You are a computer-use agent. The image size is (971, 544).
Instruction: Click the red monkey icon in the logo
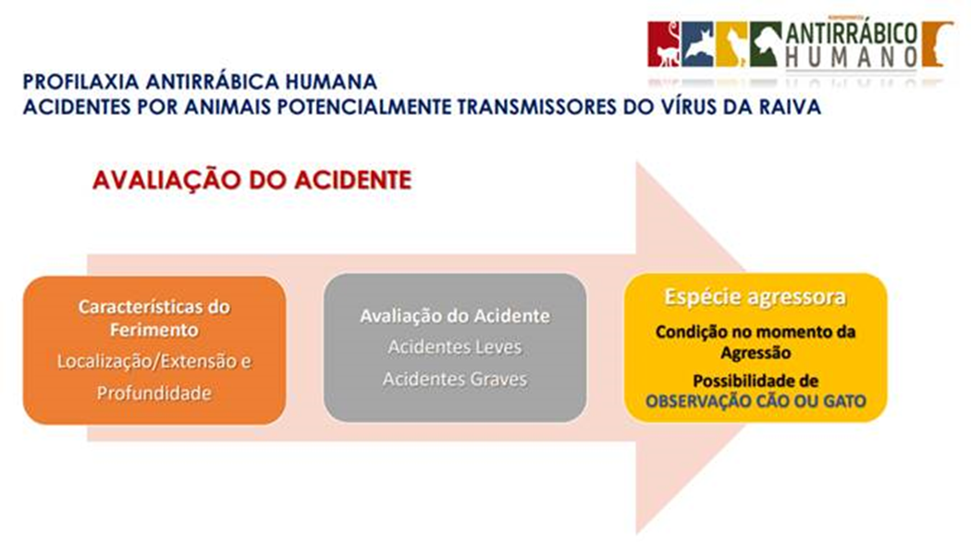click(x=663, y=44)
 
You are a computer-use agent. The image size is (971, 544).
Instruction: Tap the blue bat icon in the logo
click(x=697, y=44)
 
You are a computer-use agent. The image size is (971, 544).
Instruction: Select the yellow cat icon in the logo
click(x=731, y=44)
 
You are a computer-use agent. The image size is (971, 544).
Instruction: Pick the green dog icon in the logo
click(x=766, y=44)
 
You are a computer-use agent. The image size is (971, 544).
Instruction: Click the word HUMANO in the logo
click(x=852, y=57)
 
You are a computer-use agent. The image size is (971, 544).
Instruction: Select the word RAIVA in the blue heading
click(x=790, y=106)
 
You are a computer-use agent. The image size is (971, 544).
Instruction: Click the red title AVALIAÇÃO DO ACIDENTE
click(x=252, y=179)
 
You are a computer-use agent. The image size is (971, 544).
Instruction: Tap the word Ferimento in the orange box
click(x=154, y=329)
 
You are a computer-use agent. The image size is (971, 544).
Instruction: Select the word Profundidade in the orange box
click(x=154, y=393)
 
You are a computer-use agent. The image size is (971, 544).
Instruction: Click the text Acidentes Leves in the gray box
click(x=455, y=347)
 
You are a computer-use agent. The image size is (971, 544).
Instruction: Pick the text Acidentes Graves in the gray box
click(x=455, y=378)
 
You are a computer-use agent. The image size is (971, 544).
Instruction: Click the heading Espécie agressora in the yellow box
click(x=755, y=297)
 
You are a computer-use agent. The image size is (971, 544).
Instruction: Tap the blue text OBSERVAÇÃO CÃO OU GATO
click(x=756, y=402)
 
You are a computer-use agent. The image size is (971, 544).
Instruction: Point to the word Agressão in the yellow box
click(x=756, y=353)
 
